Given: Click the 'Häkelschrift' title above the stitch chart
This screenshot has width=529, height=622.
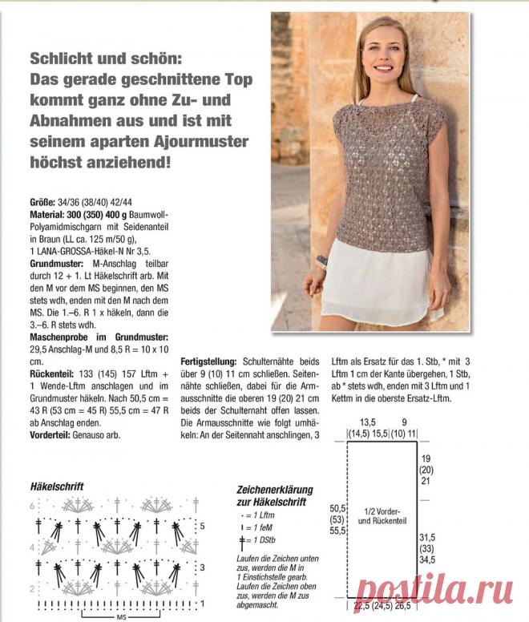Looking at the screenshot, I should pyautogui.click(x=57, y=487).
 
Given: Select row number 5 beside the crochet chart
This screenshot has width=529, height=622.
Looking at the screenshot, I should pyautogui.click(x=204, y=527).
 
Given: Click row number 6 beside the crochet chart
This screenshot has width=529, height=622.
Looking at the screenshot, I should pyautogui.click(x=33, y=506).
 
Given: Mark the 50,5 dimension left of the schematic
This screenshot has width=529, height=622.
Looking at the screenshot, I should pyautogui.click(x=337, y=508).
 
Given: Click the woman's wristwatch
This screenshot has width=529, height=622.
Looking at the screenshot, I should pyautogui.click(x=322, y=260).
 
